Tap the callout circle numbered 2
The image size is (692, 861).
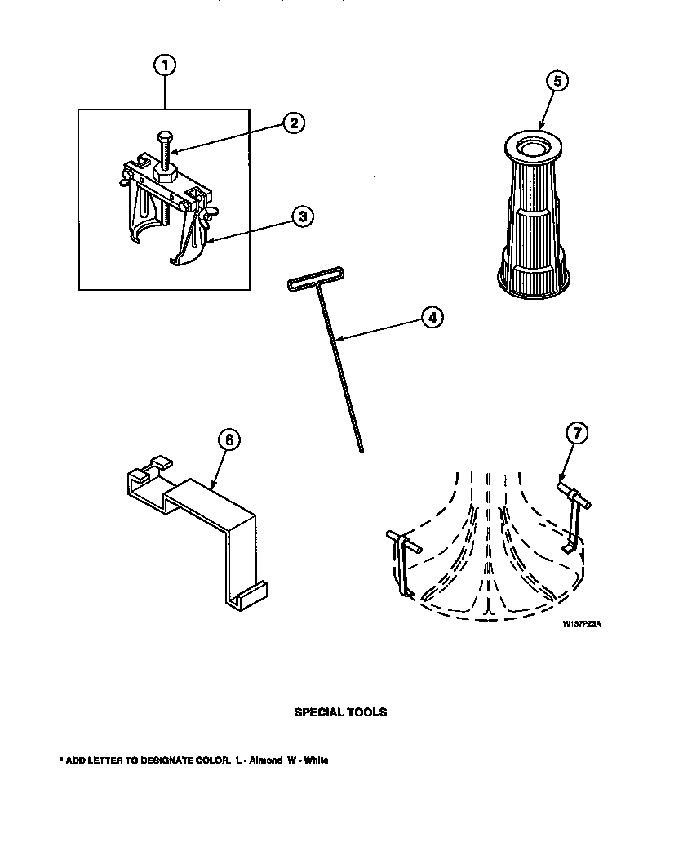point(293,123)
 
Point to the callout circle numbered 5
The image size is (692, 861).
point(557,81)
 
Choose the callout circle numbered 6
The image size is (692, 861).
point(229,439)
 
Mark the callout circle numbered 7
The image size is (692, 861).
point(576,435)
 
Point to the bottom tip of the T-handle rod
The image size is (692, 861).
point(361,448)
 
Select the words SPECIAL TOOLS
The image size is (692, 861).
point(340,712)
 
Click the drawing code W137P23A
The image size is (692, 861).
point(581,623)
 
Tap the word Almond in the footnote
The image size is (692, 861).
point(265,761)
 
